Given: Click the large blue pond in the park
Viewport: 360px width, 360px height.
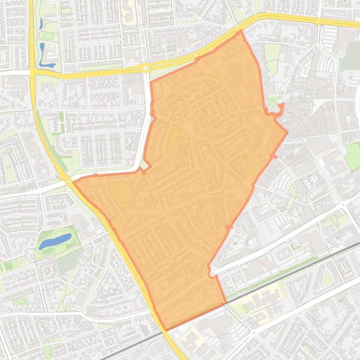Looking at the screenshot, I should point(55,241).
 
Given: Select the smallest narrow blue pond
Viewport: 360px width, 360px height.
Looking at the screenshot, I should point(41,23).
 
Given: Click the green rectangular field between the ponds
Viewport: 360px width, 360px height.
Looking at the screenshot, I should point(48,36).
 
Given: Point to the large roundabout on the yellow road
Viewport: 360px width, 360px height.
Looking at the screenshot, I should point(146,68).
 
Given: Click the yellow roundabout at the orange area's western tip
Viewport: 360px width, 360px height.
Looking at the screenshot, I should point(68,181).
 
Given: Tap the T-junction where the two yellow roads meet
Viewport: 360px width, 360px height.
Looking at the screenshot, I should point(33,72).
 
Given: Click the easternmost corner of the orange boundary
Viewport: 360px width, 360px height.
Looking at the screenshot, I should point(287,133).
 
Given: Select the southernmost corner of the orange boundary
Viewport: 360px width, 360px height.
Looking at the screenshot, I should point(165,330).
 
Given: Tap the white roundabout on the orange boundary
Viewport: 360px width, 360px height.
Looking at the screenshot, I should point(212,273).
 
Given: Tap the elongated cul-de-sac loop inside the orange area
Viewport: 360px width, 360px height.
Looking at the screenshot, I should point(207,218).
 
